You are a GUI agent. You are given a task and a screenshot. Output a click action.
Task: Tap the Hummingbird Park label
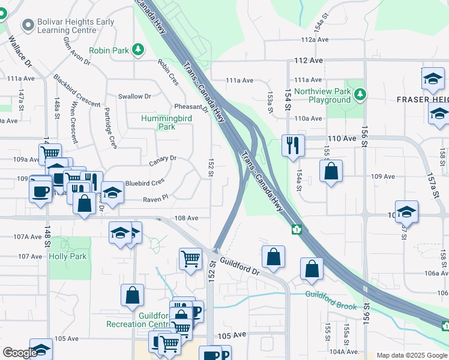(x=166, y=122)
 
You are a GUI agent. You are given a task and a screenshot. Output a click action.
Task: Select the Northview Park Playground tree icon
(x=360, y=94)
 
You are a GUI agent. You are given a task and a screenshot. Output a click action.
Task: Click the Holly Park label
(x=68, y=256)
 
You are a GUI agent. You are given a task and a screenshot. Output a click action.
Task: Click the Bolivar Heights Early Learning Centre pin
(x=27, y=25)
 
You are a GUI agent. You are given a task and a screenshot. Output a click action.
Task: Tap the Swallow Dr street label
(x=134, y=96)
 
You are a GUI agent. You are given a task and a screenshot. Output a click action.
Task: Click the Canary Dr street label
(x=162, y=158)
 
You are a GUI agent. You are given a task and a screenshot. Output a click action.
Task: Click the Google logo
(x=20, y=353)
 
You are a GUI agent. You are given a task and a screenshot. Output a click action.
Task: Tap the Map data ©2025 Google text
(x=411, y=355)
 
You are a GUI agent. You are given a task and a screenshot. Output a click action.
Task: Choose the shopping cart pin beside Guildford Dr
(x=190, y=259)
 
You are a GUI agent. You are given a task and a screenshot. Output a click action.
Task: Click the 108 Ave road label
(x=185, y=218)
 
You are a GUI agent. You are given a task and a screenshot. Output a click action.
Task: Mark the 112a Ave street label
(x=315, y=40)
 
